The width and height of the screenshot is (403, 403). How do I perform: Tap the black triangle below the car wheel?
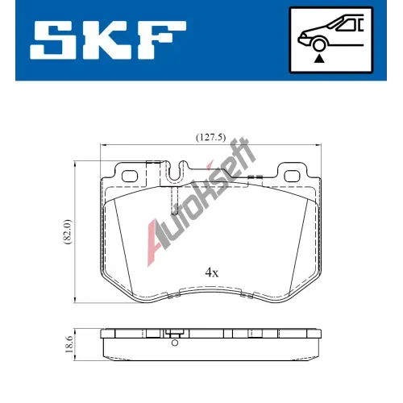(319, 59)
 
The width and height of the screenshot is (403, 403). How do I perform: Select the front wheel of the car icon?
(319, 44)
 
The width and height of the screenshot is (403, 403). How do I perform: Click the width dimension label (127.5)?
(210, 137)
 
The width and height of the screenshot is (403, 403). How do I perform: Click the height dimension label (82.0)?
(68, 231)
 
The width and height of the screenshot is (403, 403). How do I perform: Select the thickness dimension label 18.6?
(69, 343)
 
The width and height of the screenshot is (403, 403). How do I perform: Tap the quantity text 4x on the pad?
(212, 273)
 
